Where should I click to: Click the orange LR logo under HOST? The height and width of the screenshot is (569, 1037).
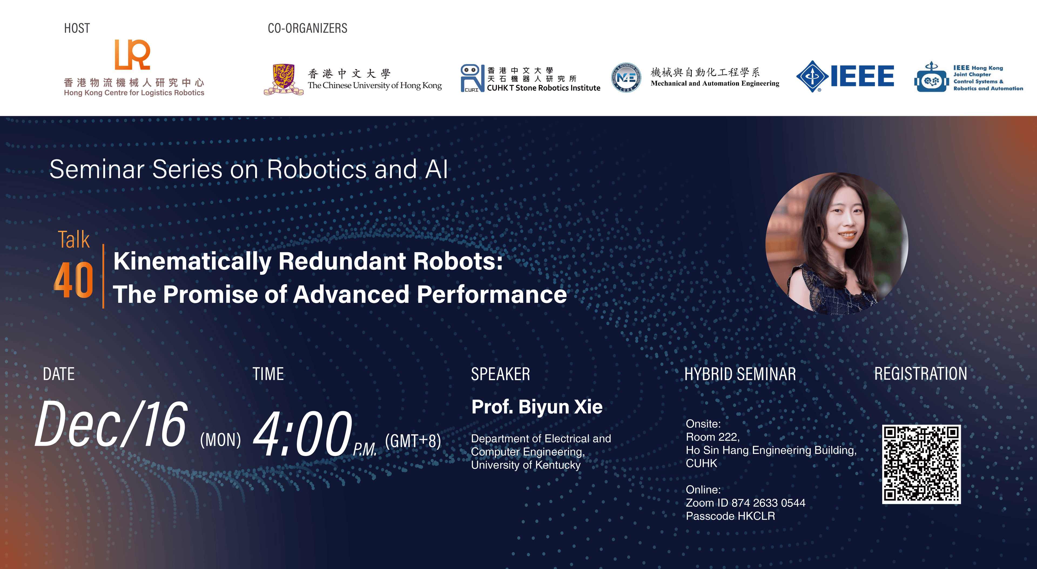[x=132, y=55]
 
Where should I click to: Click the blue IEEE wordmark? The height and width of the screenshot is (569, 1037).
[x=862, y=76]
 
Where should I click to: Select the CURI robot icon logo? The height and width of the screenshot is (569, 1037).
[x=472, y=78]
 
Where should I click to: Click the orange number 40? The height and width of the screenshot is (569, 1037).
[x=73, y=280]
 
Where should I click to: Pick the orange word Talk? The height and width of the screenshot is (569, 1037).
[x=74, y=240]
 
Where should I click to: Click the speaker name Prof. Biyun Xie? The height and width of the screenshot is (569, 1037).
[x=537, y=407]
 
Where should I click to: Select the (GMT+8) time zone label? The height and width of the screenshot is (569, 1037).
[x=413, y=441]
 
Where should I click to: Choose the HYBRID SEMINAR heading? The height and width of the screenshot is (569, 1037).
[x=740, y=374]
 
